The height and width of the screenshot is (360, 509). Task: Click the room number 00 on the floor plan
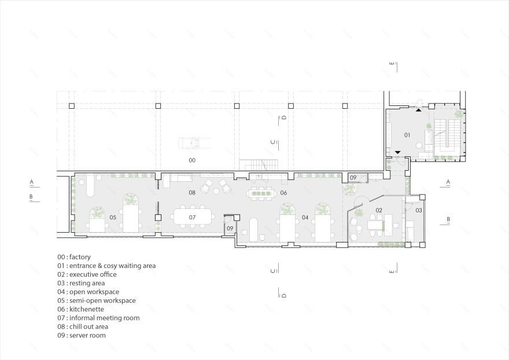tap(192, 160)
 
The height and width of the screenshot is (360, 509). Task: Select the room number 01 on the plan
tap(407, 135)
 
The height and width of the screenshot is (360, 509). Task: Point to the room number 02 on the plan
tap(379, 210)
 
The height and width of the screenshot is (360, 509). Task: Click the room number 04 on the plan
tap(304, 218)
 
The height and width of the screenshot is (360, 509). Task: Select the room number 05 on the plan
tap(112, 218)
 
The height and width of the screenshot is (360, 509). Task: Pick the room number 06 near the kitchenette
tap(283, 193)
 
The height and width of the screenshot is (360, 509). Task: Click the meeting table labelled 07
tap(193, 218)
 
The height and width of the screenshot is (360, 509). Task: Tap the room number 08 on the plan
tap(191, 192)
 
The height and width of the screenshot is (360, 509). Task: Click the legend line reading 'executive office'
tap(87, 274)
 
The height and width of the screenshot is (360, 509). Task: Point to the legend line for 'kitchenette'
tap(83, 309)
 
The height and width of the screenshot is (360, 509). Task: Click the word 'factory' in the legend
tap(80, 257)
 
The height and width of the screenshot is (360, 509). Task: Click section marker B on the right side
tap(448, 219)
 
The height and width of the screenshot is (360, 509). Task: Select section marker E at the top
tap(393, 64)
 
